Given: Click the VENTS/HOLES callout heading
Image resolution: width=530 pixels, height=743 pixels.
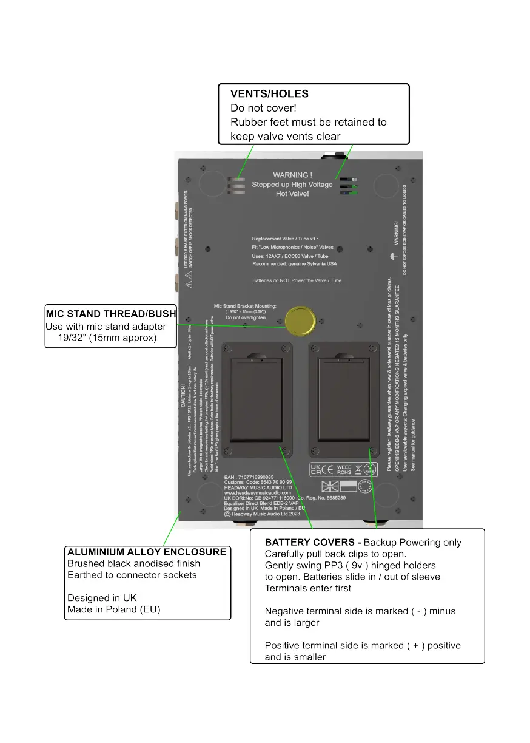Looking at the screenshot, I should [269, 94].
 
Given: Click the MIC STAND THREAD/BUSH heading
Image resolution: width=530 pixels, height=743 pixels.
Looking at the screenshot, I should [111, 314].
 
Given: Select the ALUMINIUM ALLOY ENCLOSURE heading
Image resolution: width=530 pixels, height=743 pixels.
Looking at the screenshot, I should [147, 552].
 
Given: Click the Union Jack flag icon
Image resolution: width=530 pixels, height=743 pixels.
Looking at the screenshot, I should [330, 486].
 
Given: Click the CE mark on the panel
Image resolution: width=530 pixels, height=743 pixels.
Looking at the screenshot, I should [327, 469].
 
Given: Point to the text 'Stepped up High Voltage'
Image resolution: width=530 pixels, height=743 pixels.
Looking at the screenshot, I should [292, 185].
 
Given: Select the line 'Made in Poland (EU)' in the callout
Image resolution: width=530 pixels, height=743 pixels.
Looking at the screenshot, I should [113, 609].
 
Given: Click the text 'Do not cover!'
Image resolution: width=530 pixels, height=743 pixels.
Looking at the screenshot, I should [263, 108].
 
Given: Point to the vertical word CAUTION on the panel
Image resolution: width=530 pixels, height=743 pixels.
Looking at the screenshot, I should [184, 398].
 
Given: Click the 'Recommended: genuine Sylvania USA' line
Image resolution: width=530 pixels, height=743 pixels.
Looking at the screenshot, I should [294, 264].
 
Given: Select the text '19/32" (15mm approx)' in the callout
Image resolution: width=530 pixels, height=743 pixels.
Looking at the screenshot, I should [107, 338].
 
